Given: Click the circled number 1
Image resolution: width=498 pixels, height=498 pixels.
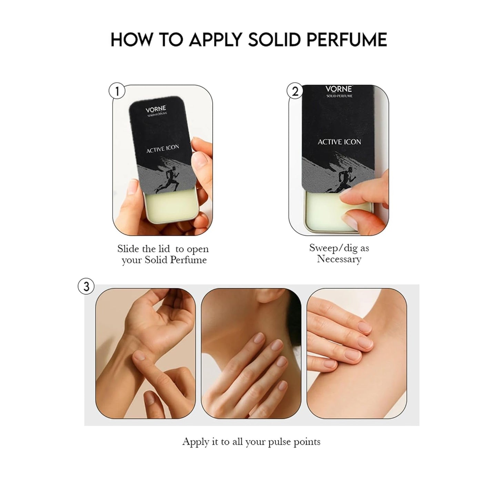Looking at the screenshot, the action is (x=117, y=91).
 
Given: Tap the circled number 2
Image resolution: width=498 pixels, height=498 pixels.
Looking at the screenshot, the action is (x=295, y=91).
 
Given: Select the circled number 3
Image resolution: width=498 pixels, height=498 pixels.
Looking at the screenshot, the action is (x=86, y=286).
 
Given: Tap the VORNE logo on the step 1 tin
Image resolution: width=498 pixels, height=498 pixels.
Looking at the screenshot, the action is (x=155, y=109).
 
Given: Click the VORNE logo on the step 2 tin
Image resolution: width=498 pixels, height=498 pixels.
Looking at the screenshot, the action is (x=339, y=89).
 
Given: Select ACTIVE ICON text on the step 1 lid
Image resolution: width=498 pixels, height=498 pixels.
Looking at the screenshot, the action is (x=163, y=148).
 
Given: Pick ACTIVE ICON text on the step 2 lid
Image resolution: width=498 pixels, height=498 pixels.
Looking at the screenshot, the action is (x=339, y=142).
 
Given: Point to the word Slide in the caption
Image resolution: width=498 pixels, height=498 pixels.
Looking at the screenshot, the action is (x=129, y=248).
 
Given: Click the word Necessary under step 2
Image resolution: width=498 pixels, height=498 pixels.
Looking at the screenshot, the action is (x=339, y=259).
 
